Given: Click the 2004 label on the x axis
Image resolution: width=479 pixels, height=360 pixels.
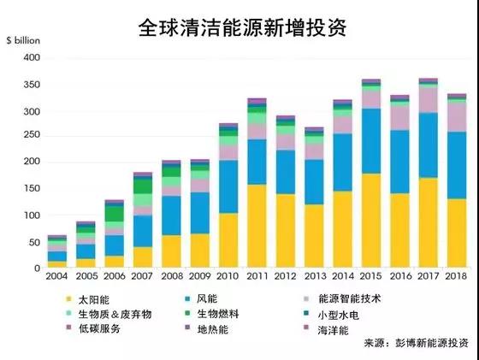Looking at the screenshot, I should tap(56, 277).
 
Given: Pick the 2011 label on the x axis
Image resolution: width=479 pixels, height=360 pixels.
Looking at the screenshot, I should tap(257, 277).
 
